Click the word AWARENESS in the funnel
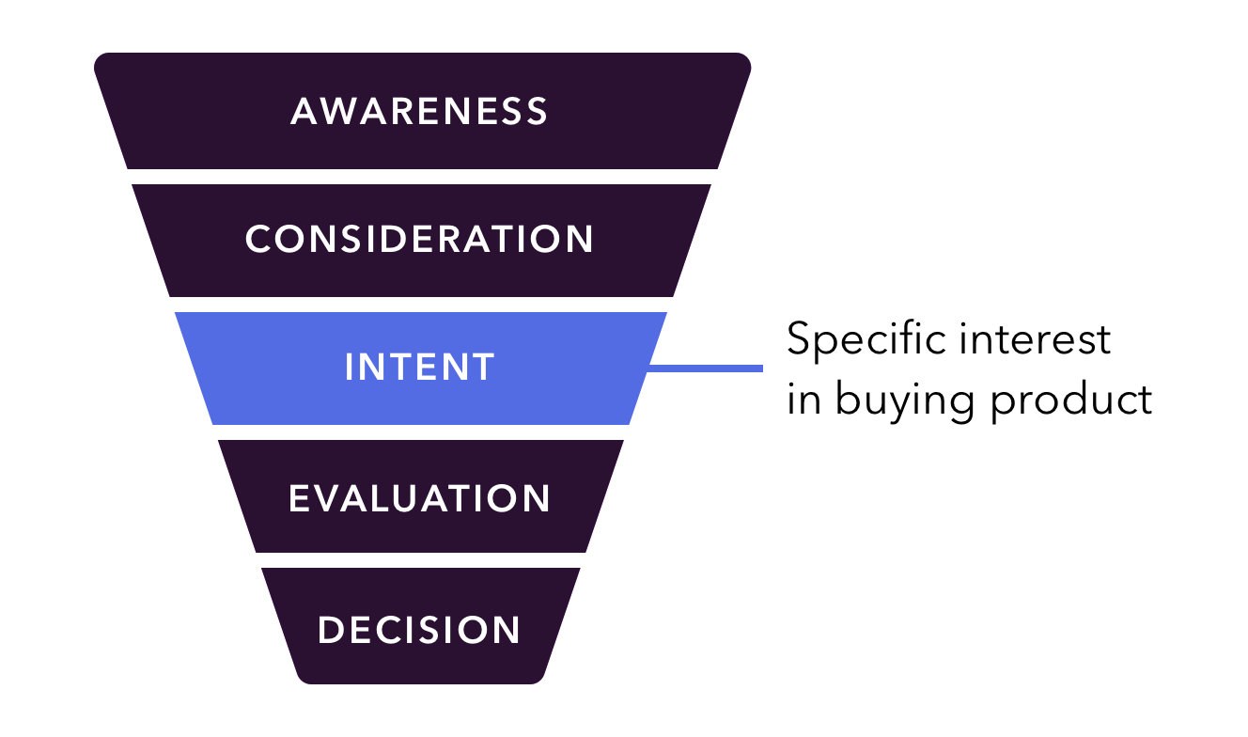click(x=419, y=111)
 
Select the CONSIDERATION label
click(x=419, y=239)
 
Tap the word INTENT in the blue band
click(x=419, y=368)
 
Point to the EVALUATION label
click(x=419, y=498)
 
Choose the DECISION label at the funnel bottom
click(x=419, y=629)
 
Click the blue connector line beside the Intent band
click(x=705, y=368)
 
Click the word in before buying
click(x=803, y=400)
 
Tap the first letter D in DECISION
click(x=330, y=629)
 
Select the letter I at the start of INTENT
click(x=351, y=368)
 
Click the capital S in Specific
click(x=801, y=339)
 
